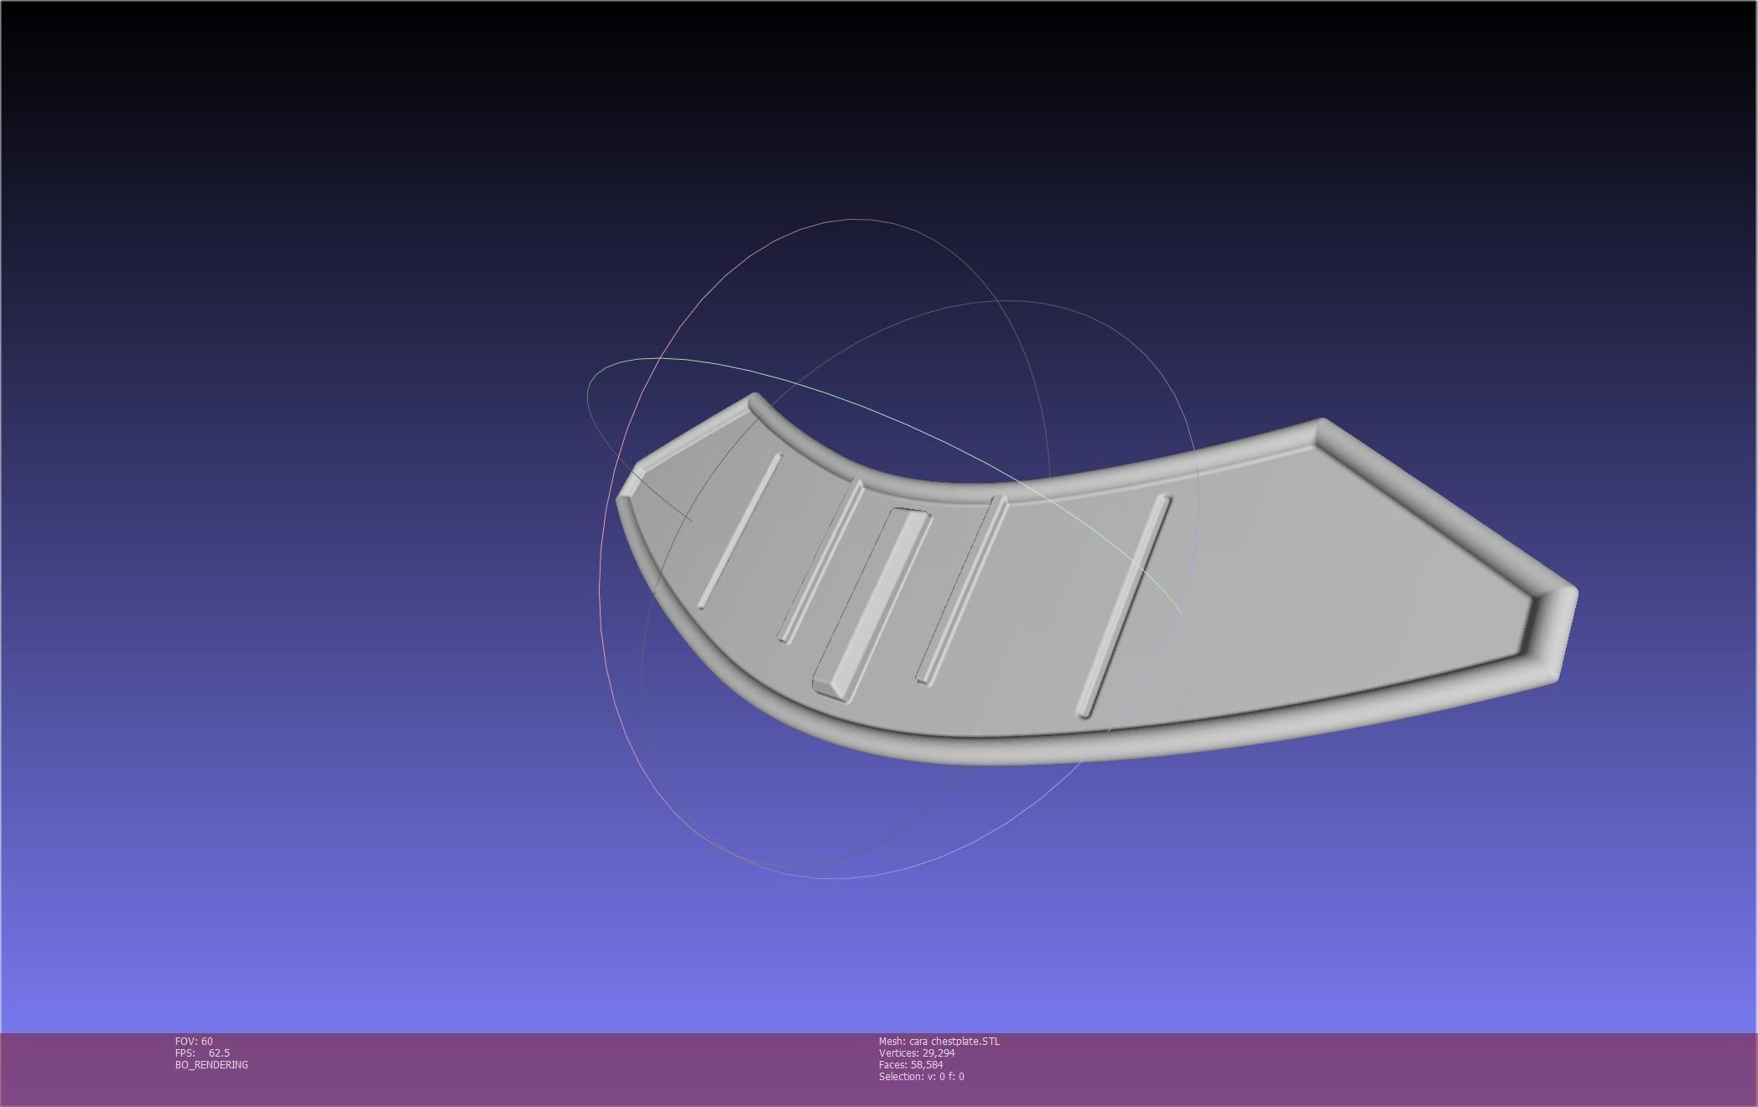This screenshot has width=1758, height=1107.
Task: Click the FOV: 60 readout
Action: click(x=194, y=1041)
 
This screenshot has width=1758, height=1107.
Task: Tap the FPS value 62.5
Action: click(x=219, y=1052)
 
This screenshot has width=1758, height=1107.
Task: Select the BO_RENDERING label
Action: click(x=211, y=1064)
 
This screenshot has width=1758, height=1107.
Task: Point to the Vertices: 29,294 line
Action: click(x=917, y=1052)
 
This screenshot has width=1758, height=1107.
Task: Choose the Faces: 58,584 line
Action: click(x=911, y=1064)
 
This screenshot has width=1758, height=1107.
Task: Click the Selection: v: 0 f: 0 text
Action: click(x=921, y=1076)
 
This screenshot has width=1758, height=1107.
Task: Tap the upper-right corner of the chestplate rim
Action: click(x=1322, y=423)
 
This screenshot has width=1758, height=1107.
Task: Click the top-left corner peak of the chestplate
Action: click(x=754, y=398)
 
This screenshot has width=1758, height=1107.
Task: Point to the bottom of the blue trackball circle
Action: click(x=839, y=878)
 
